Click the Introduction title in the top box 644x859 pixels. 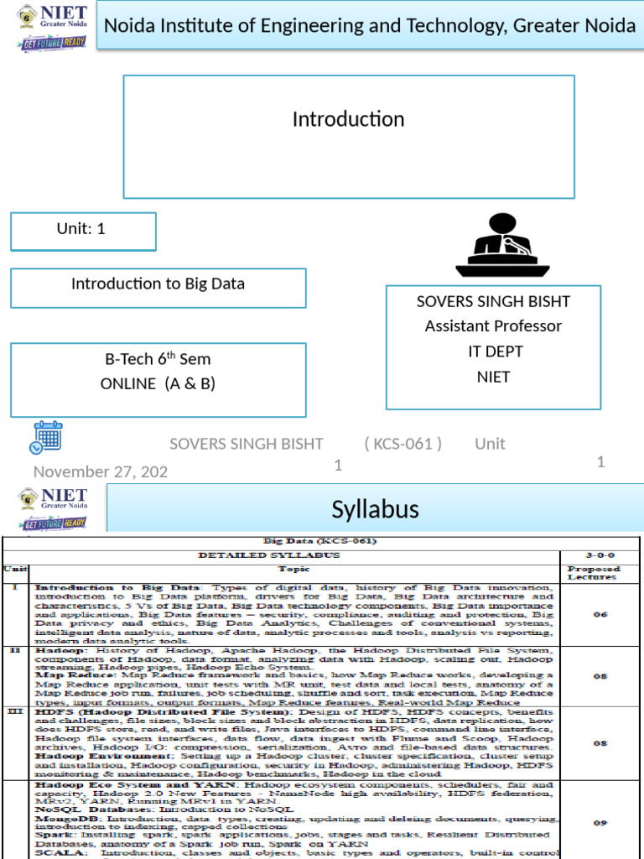348,120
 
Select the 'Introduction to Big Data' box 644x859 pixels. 158,284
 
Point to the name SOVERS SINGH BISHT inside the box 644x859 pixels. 493,301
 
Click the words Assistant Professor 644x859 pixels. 493,325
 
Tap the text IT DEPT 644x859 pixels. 495,351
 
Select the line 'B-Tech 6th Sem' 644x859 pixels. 158,359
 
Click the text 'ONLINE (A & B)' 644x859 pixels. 158,383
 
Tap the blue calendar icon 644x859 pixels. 46,437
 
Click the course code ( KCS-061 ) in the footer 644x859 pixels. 403,444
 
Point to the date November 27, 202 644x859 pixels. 101,471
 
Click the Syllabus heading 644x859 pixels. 375,509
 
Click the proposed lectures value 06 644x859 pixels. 600,614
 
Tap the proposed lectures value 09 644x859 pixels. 600,823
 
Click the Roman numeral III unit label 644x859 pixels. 14,711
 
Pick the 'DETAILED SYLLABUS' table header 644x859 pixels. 280,555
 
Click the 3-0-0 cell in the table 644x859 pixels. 600,555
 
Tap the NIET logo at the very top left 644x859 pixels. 52,27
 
